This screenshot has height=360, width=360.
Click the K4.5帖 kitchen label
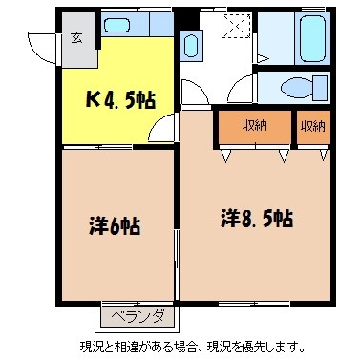119,98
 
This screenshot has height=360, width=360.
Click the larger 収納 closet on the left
254,126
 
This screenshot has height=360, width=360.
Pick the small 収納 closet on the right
311,126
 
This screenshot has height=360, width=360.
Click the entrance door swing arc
42,46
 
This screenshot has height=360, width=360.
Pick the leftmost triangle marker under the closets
223,154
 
